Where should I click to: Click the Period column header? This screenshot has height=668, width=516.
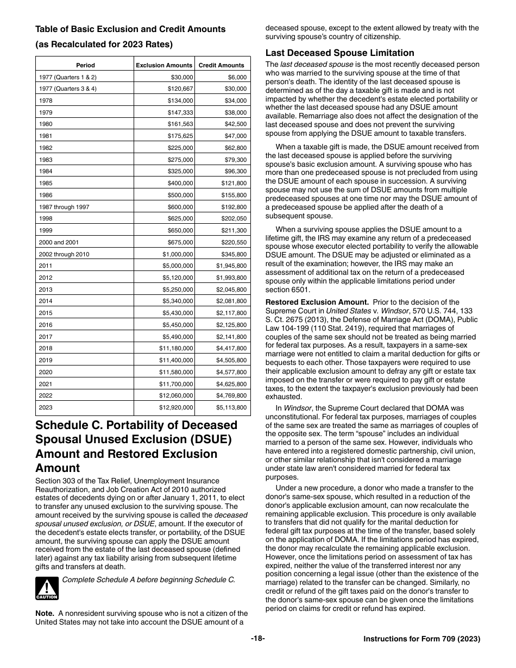[85, 65]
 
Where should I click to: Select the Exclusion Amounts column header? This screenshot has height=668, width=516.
[164, 65]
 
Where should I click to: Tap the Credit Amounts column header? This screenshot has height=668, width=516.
[222, 65]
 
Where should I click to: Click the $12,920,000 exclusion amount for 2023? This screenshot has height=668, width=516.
[175, 407]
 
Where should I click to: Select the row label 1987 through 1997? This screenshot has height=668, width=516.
[60, 206]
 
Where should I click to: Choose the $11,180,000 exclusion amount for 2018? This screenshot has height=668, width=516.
[175, 348]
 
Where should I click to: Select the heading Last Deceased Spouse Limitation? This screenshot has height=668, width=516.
[339, 53]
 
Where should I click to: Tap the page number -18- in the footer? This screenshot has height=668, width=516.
[257, 639]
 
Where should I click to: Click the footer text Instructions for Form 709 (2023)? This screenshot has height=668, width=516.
[421, 640]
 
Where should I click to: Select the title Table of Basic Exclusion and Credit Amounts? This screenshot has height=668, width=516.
[130, 29]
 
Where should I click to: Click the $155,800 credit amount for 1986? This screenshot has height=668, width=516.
[234, 195]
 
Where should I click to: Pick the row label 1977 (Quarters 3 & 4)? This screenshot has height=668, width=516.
[67, 89]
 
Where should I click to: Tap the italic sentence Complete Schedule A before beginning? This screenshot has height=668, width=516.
[149, 579]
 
